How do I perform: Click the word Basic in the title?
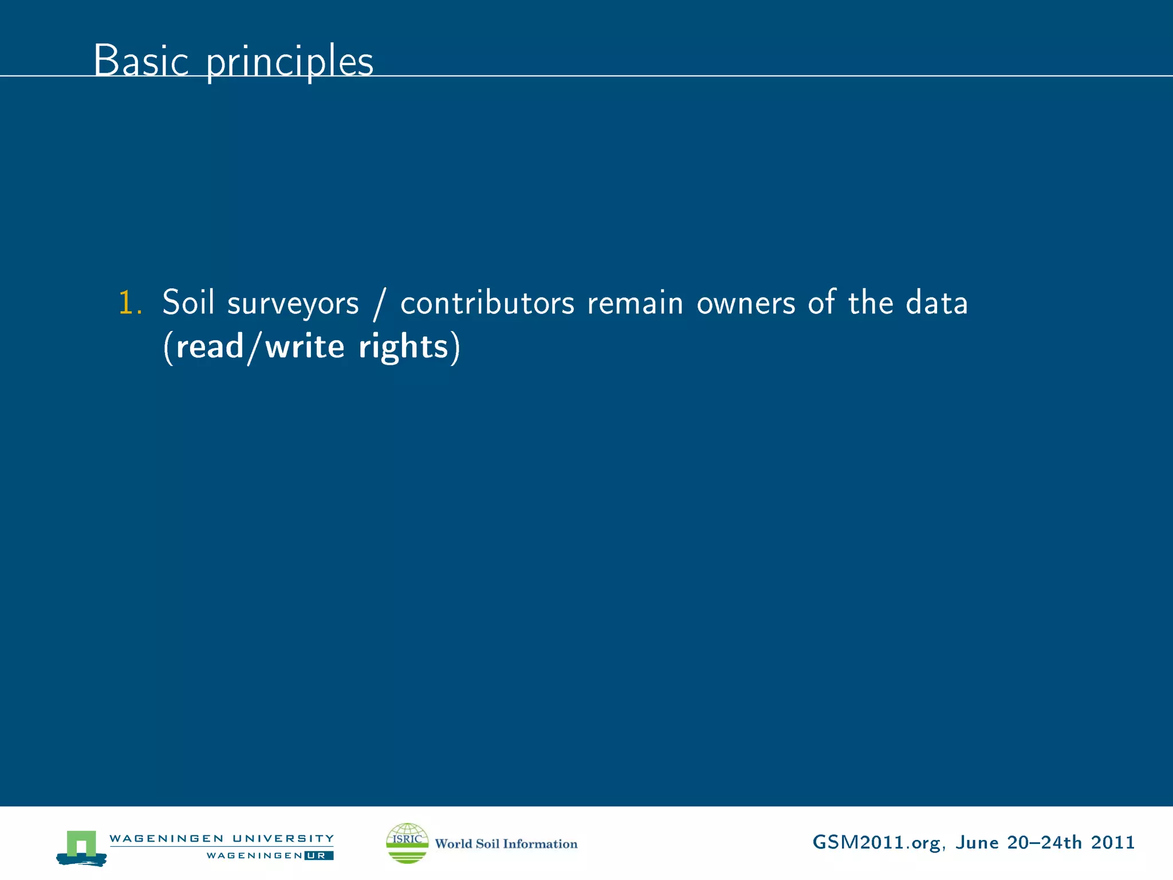[x=141, y=61]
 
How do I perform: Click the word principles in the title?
[x=289, y=62]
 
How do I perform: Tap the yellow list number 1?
[x=129, y=302]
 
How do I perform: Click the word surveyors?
[x=293, y=304]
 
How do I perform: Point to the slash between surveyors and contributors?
[x=379, y=304]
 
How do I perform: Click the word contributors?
[x=487, y=302]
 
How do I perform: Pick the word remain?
[x=635, y=302]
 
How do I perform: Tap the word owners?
[x=746, y=304]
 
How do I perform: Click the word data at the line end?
[x=936, y=302]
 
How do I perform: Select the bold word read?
[x=210, y=347]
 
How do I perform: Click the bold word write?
[x=305, y=347]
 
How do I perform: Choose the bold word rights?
[x=403, y=348]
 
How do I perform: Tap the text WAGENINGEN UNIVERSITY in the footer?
[x=221, y=838]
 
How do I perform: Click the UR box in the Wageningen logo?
[x=318, y=855]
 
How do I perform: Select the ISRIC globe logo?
[x=407, y=843]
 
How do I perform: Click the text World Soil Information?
[x=506, y=843]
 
